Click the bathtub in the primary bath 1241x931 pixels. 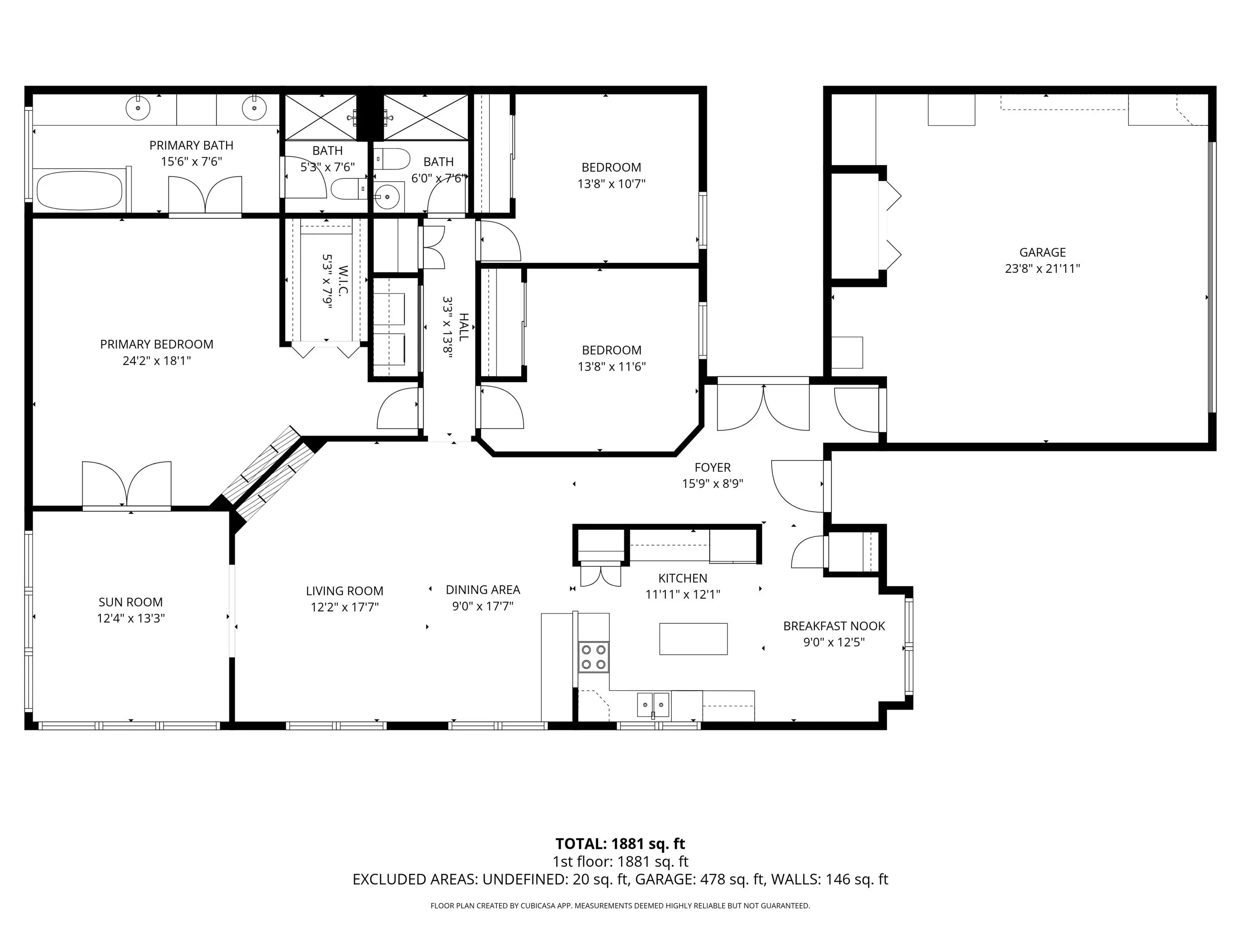coord(79,190)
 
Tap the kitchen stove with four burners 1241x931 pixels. coord(593,657)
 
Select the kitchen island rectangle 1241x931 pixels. coord(694,638)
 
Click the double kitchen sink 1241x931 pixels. coord(653,705)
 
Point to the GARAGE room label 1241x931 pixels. coord(1042,253)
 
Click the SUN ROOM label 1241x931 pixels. coord(131,602)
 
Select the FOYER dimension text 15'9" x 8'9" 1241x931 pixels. coord(713,483)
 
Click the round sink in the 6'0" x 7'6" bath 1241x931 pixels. coord(386,197)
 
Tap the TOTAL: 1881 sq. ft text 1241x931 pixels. coord(620,844)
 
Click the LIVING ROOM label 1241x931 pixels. coord(345,591)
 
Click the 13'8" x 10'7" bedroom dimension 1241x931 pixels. coord(612,183)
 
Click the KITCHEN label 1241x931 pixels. coord(683,578)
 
